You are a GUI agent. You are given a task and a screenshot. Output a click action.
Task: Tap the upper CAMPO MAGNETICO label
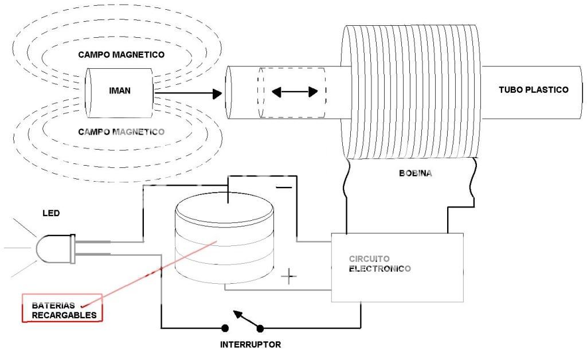pyautogui.click(x=122, y=55)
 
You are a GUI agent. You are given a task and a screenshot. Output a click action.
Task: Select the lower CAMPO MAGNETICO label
pyautogui.click(x=122, y=132)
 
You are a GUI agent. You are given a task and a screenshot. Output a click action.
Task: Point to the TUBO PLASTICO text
pyautogui.click(x=533, y=90)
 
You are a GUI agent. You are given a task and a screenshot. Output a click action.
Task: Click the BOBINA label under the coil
pyautogui.click(x=415, y=172)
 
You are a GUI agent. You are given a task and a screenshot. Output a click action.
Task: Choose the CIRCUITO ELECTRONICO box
pyautogui.click(x=397, y=268)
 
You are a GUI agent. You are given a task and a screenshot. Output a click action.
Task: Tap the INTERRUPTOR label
pyautogui.click(x=251, y=345)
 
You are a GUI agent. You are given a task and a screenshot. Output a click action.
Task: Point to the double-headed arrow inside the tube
pyautogui.click(x=294, y=92)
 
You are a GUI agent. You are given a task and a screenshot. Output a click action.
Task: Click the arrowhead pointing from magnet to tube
pyautogui.click(x=216, y=93)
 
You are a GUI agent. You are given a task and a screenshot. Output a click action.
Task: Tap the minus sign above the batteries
pyautogui.click(x=283, y=187)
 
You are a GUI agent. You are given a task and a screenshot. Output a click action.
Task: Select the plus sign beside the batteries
pyautogui.click(x=289, y=277)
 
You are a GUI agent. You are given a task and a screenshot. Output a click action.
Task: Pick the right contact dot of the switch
pyautogui.click(x=260, y=328)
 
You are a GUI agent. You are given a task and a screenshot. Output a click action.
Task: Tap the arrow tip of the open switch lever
pyautogui.click(x=236, y=314)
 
